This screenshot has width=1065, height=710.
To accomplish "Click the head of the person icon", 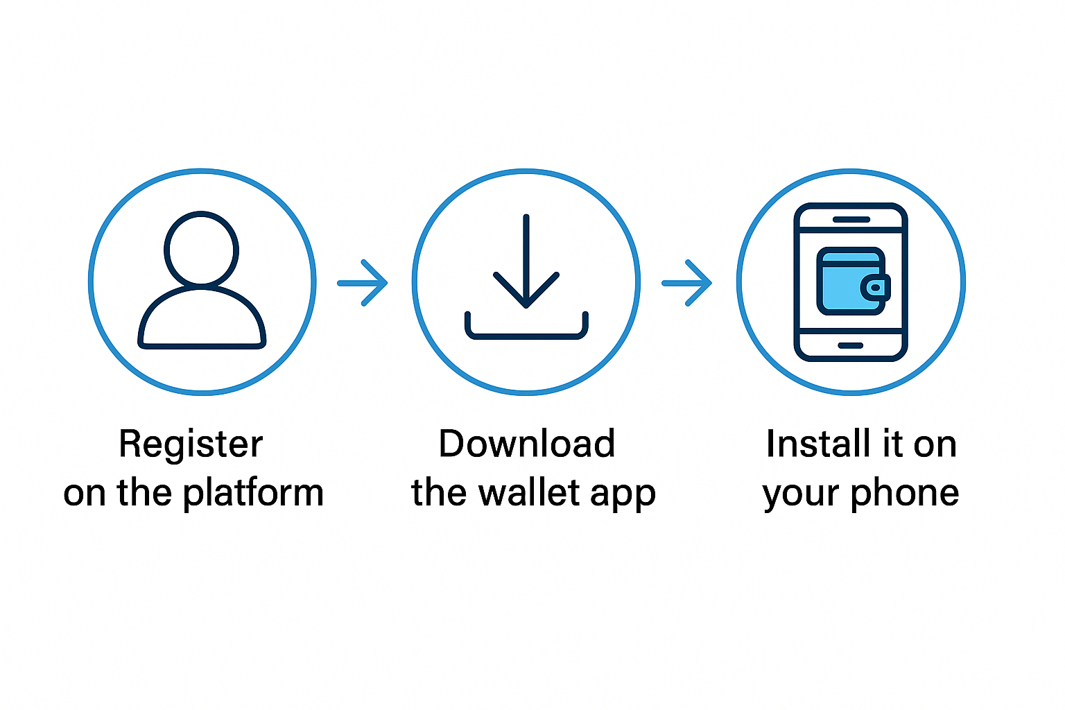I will point(201,248).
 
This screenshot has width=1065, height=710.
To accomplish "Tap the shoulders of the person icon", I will point(202,319).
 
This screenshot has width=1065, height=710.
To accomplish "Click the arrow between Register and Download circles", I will point(363,283).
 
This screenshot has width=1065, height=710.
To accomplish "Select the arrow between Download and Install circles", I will point(687,283).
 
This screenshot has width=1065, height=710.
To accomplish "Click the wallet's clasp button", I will point(876,287).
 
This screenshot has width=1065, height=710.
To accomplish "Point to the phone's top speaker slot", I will point(851,219).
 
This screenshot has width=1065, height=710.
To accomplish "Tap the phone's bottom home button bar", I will point(851,345).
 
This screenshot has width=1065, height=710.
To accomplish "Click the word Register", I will point(191,444).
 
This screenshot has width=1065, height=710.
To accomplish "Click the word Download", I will point(527,444).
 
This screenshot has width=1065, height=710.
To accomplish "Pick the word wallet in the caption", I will point(530,493).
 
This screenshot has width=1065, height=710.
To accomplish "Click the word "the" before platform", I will point(144,493).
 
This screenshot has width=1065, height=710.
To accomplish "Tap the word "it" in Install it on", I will point(892,444).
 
